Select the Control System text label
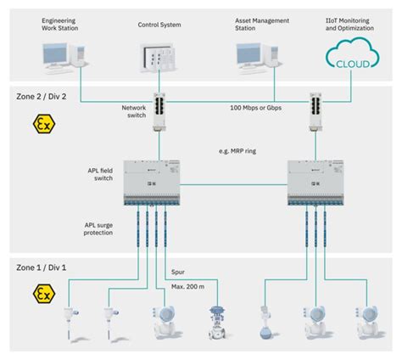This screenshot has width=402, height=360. [159, 25]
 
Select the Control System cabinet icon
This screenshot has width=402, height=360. [157, 57]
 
